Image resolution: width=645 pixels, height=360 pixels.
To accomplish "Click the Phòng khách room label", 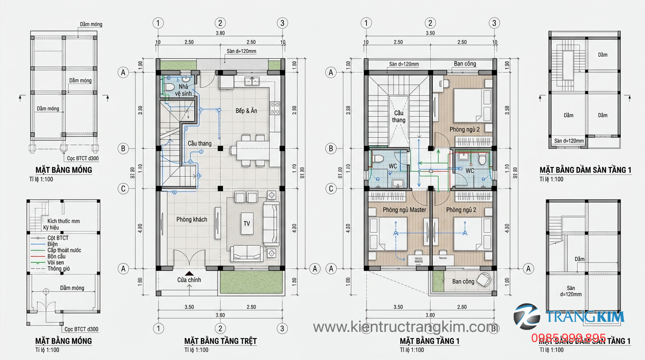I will tap(192, 219).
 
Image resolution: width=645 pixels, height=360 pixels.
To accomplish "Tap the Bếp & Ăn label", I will tap(246, 111).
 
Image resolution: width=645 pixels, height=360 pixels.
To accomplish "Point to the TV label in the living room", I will tap(247, 224).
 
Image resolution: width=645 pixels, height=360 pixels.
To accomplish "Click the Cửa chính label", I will tap(189, 280).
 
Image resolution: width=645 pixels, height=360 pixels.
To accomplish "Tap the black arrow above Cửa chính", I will tap(189, 273).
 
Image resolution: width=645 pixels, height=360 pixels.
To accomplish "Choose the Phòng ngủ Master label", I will tap(404, 210).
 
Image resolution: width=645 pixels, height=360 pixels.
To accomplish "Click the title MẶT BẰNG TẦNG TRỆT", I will tap(220, 341).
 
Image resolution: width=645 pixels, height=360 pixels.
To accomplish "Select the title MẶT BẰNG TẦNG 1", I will tap(429, 341).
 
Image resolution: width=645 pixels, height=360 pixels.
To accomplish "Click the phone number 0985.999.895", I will tap(568, 338).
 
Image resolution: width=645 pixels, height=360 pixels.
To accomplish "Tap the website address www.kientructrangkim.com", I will tap(405, 326).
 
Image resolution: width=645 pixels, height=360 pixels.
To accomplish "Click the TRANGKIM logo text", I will tap(585, 317).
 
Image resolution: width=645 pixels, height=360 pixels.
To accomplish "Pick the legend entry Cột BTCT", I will tap(58, 238).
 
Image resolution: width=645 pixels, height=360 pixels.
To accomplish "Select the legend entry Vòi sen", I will tap(56, 262).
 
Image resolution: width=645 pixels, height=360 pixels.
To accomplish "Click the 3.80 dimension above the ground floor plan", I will tap(220, 33).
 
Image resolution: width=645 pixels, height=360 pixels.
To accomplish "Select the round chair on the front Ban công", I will tap(485, 279).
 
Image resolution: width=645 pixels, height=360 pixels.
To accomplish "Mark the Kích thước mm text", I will tap(63, 221).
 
